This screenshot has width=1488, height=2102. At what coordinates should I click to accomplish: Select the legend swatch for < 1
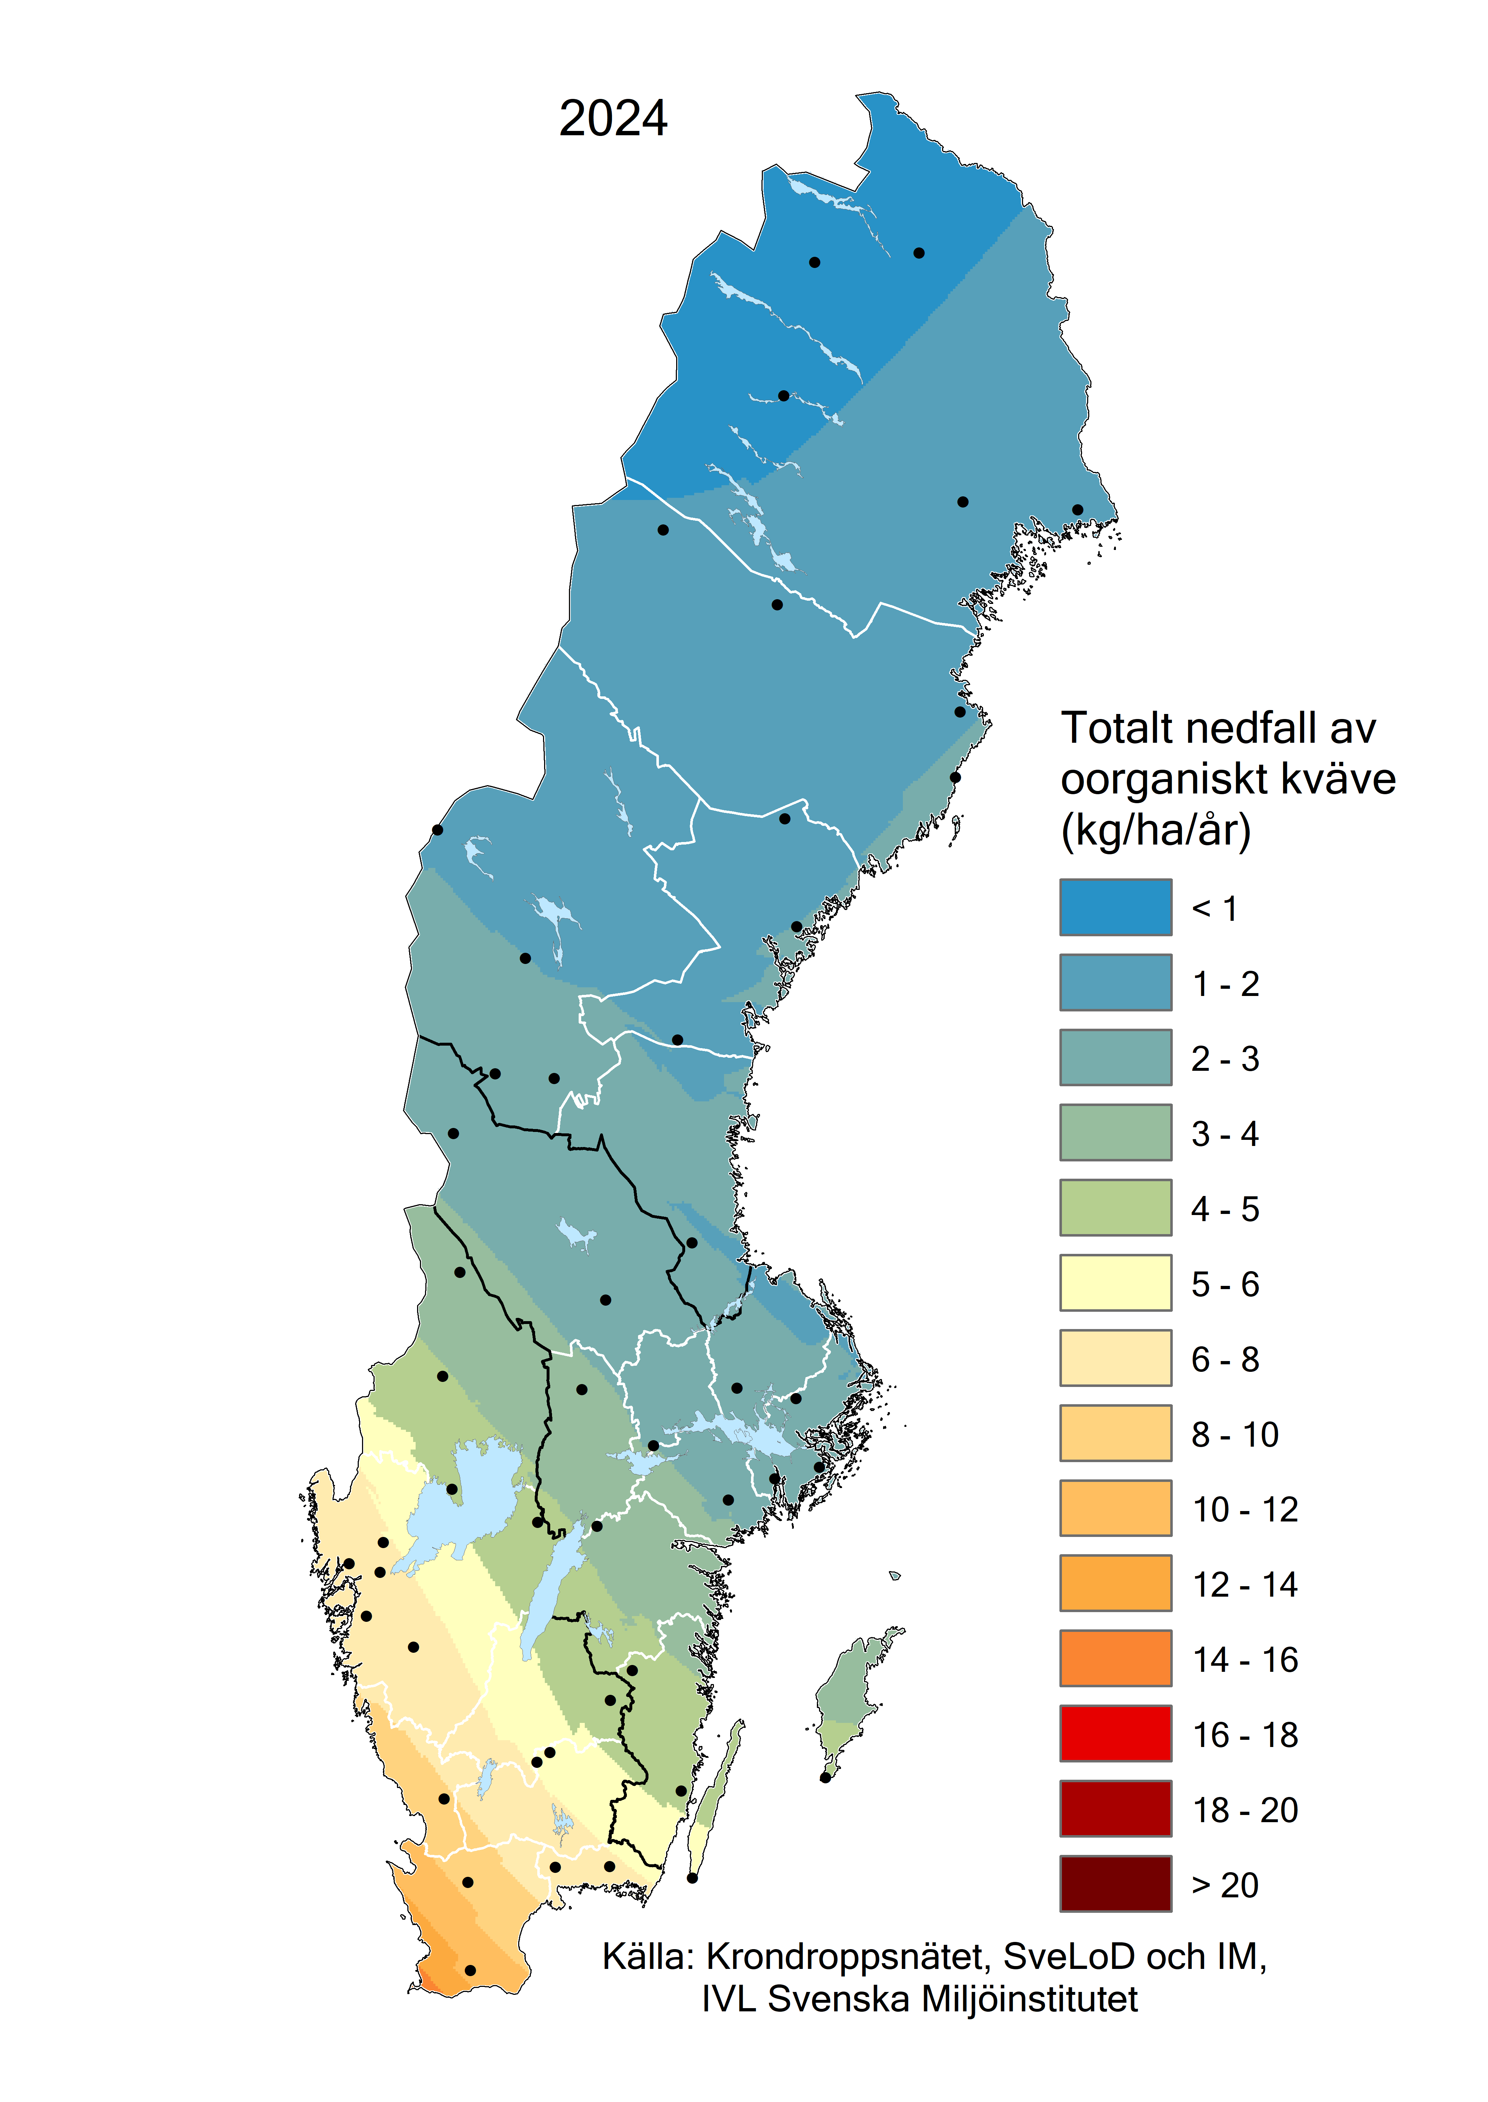pos(1115,907)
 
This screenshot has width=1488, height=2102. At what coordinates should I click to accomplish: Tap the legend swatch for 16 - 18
pos(1115,1733)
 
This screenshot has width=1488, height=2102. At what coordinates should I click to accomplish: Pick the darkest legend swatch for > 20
pos(1115,1883)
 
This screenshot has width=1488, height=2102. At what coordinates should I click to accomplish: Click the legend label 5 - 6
pos(1225,1284)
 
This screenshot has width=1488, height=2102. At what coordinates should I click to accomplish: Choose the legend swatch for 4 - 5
pos(1115,1207)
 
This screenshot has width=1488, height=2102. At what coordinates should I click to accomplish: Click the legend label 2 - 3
pos(1225,1059)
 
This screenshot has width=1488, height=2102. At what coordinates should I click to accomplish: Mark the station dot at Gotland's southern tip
pos(825,1778)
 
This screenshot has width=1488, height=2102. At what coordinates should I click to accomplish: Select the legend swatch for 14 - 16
pos(1115,1658)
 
